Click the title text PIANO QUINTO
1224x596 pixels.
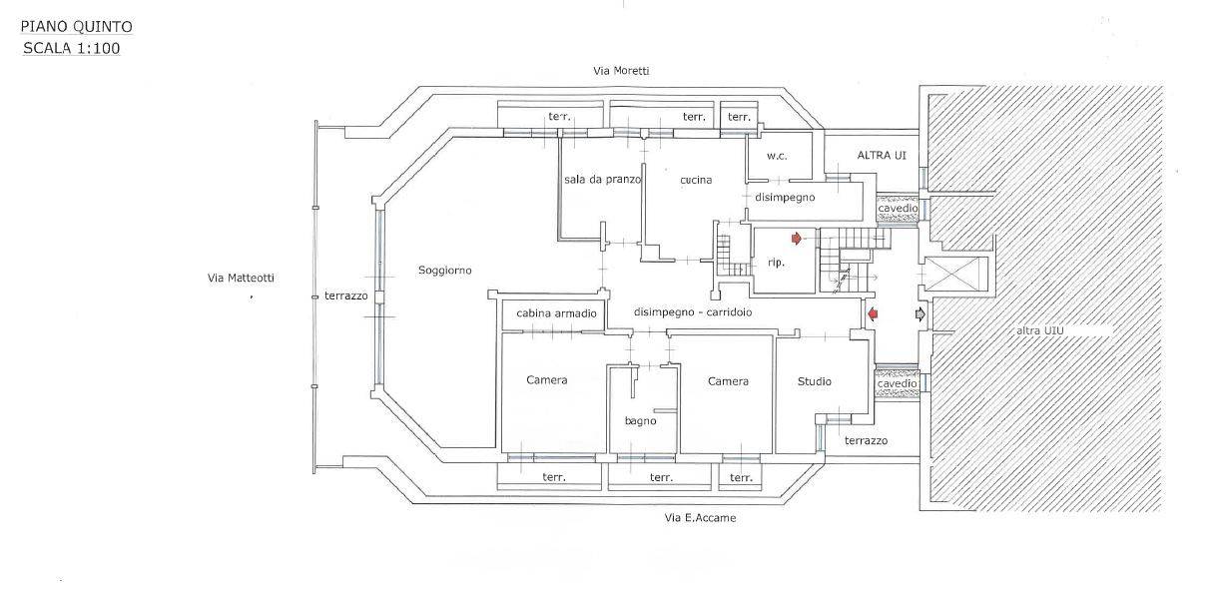point(77,27)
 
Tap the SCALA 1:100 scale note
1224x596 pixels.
point(71,47)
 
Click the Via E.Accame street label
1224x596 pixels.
point(700,518)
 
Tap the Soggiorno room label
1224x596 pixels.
point(445,271)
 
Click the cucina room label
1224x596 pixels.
point(696,180)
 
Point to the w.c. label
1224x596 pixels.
point(778,156)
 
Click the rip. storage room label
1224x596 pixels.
point(776,263)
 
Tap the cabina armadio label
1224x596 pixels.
point(556,313)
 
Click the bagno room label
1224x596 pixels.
point(641,421)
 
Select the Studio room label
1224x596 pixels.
point(815,381)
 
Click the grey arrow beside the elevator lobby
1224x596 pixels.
point(920,314)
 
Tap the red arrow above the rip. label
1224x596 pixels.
point(796,238)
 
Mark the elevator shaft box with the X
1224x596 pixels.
point(955,274)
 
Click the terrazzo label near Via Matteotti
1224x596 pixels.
point(346,297)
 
